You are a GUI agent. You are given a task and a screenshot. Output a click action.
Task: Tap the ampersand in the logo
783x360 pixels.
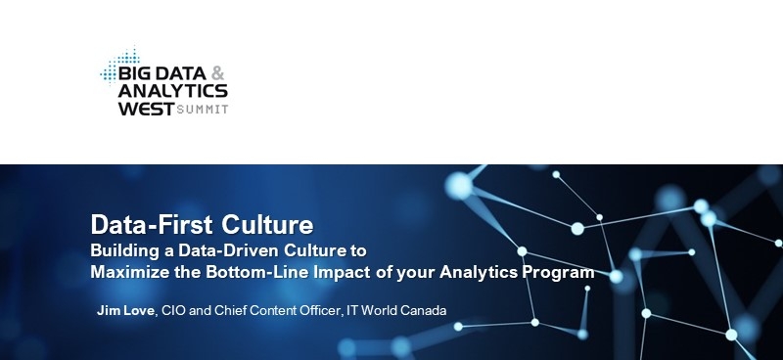pyautogui.click(x=218, y=73)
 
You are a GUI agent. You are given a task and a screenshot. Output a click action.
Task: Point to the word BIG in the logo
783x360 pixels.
pyautogui.click(x=131, y=73)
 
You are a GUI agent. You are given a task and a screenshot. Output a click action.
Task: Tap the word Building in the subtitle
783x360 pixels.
pyautogui.click(x=121, y=249)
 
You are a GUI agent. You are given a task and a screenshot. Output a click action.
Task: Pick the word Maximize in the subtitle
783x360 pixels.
pyautogui.click(x=128, y=272)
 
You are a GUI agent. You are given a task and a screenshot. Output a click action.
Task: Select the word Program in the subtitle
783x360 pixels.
pyautogui.click(x=559, y=272)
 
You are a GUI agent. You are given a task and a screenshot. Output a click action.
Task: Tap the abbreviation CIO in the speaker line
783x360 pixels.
pyautogui.click(x=174, y=310)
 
